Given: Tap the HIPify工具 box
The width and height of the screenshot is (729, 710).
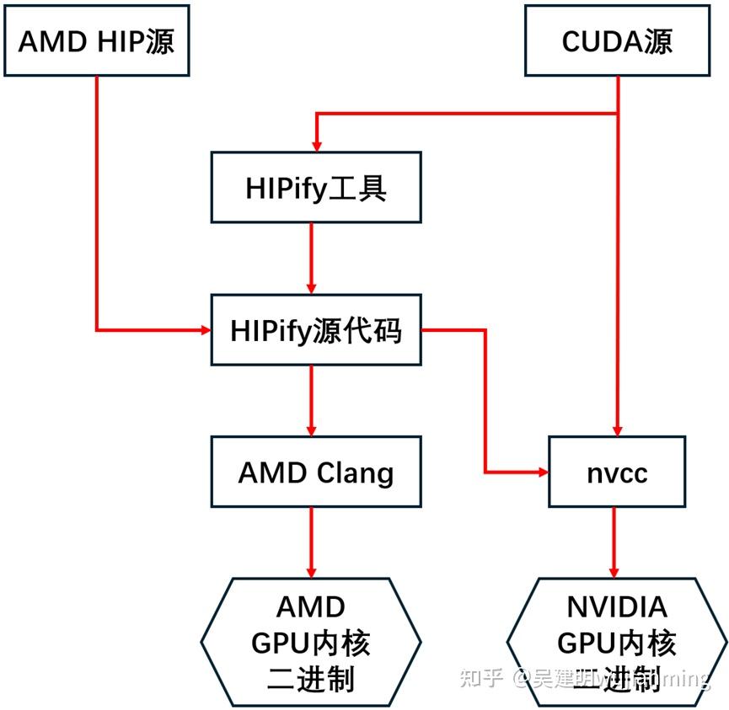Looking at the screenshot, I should [x=316, y=188].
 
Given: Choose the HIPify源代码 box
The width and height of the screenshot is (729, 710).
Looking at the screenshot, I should [x=316, y=330].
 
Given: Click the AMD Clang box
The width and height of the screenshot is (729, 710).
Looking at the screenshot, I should [x=316, y=472].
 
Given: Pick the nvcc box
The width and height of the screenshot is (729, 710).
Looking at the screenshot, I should [x=617, y=472].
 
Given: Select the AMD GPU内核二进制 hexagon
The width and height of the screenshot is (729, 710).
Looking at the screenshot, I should [x=311, y=642].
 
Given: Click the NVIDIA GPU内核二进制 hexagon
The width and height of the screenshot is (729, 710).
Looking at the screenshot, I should [x=617, y=642].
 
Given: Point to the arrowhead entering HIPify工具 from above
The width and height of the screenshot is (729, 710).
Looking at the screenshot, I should [x=317, y=145].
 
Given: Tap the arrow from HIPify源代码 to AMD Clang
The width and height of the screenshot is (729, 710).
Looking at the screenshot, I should [x=312, y=400].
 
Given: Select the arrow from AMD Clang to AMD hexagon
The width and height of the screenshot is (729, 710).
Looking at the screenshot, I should [x=312, y=542].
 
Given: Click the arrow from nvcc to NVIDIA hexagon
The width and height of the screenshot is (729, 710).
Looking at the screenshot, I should [x=614, y=542].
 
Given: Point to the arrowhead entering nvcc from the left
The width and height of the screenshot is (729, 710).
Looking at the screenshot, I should [x=542, y=472].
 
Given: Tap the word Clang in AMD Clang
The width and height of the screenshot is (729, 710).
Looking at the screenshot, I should [x=353, y=473].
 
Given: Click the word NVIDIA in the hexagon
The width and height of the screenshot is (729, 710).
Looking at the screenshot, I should [x=617, y=607].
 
